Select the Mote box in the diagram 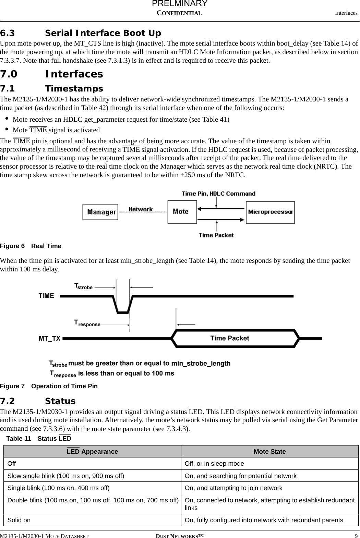(182, 212)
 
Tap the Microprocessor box (270, 212)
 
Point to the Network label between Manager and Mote (141, 209)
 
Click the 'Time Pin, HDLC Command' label (218, 194)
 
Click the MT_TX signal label (49, 339)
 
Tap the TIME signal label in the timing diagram (46, 296)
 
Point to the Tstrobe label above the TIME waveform (84, 286)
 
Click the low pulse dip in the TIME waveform (123, 307)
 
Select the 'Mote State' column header (269, 452)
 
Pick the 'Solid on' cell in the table (19, 520)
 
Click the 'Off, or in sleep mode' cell (214, 464)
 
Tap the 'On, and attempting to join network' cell (233, 488)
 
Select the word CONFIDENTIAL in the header (179, 13)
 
